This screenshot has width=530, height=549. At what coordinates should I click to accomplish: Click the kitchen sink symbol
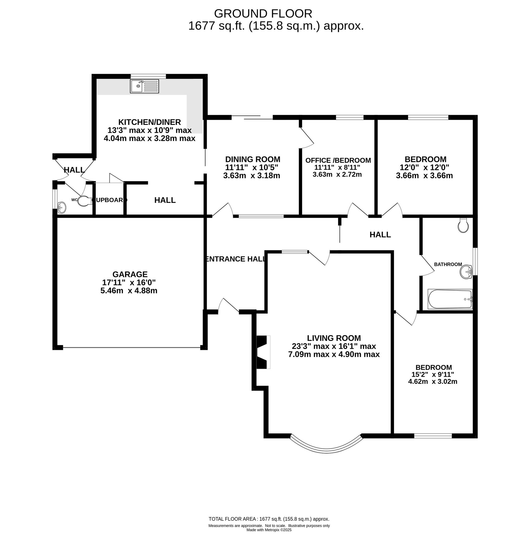pyautogui.click(x=144, y=86)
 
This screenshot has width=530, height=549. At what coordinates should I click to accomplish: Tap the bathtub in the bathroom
pyautogui.click(x=450, y=299)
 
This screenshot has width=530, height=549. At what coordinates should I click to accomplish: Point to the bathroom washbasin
pyautogui.click(x=466, y=272)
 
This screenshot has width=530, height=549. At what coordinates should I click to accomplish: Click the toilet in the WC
pyautogui.click(x=84, y=201)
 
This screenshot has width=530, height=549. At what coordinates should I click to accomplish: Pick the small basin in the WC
pyautogui.click(x=62, y=207)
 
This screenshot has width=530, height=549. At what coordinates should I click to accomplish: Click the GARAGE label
pyautogui.click(x=130, y=274)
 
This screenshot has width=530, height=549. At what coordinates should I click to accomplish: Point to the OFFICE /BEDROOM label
pyautogui.click(x=338, y=161)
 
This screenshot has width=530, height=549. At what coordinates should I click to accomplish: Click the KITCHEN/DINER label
pyautogui.click(x=149, y=122)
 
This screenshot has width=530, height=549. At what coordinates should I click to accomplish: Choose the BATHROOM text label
pyautogui.click(x=448, y=264)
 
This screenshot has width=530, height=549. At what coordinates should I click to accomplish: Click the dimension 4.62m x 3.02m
pyautogui.click(x=433, y=382)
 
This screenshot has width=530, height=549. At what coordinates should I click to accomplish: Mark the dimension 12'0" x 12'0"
pyautogui.click(x=424, y=167)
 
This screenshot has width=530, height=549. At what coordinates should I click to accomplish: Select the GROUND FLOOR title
pyautogui.click(x=263, y=14)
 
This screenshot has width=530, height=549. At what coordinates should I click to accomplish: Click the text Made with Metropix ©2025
pyautogui.click(x=269, y=530)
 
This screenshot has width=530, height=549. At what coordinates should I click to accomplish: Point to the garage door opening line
pyautogui.click(x=132, y=348)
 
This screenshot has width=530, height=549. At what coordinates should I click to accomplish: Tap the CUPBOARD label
pyautogui.click(x=109, y=200)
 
